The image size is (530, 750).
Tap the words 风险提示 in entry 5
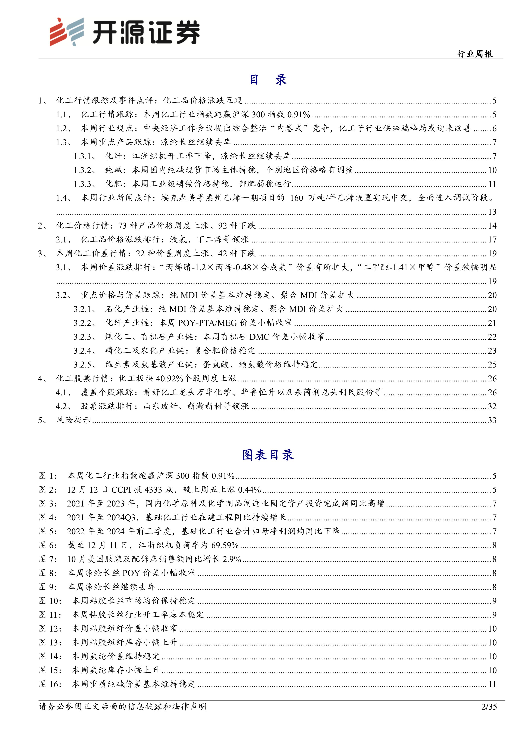tap(73, 420)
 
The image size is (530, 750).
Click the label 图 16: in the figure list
tap(50, 684)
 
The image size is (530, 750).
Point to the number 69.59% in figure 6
tap(225, 545)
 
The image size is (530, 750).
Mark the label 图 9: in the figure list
tap(48, 587)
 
